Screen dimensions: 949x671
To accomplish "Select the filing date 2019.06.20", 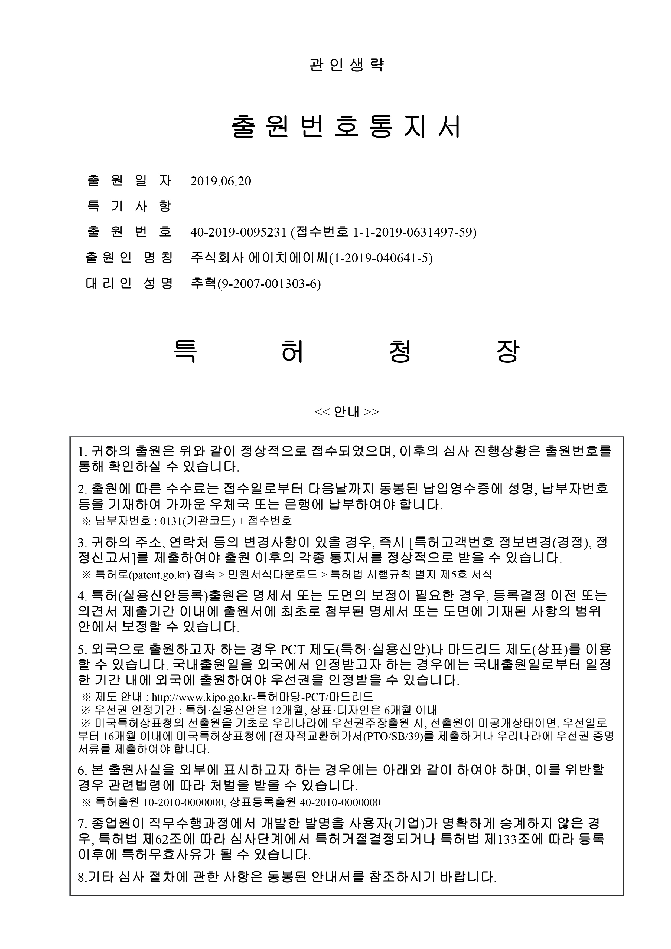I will [220, 181].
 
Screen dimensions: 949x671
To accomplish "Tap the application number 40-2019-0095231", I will [238, 233].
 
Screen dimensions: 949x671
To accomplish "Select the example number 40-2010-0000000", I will [340, 803].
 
